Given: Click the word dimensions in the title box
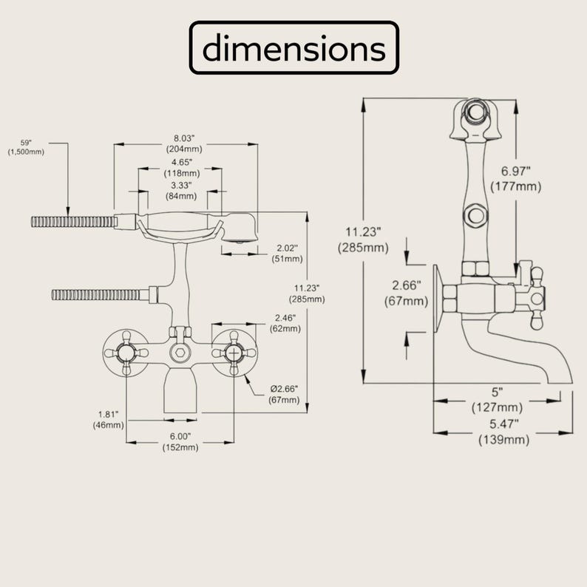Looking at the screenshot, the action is pos(294,48).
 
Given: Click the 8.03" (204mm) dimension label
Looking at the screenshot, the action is pos(184,143).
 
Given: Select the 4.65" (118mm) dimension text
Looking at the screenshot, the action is pos(182,168).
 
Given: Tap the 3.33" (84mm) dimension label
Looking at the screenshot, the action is pos(181,191).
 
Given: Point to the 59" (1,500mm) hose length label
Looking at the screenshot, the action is pos(26,148).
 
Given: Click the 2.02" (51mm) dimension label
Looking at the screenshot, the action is pos(287,254).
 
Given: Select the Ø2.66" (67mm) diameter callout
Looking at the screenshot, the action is pos(284,394).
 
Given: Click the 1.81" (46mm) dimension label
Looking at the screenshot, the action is pos(108,420).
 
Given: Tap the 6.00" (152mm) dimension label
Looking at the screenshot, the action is pos(180,442).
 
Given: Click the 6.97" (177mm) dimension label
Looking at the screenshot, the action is pos(516,179).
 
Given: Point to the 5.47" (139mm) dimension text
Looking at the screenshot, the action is pos(504,432).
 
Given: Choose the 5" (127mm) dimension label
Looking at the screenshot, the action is pos(497,399).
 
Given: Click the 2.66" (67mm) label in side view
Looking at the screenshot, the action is pos(406,293).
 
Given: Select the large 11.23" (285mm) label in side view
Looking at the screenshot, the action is pos(363,240).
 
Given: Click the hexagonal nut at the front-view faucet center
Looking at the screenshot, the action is pos(180,353).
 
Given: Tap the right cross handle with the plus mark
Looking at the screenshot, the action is pos(234,353).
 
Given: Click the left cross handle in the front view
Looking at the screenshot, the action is pos(126,353).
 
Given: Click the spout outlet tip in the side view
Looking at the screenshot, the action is pos(560,383).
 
